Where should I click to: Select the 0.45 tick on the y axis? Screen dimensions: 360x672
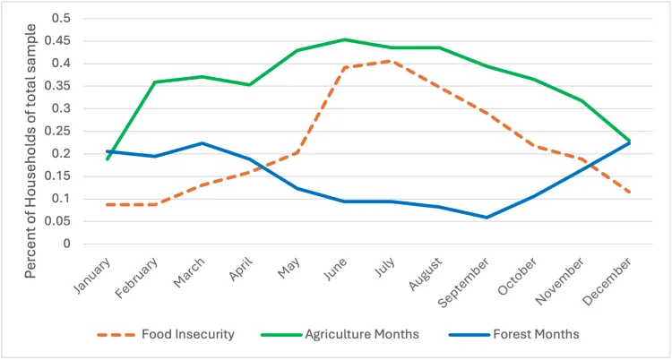click(60, 40)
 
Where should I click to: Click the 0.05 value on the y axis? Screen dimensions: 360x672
click(60, 221)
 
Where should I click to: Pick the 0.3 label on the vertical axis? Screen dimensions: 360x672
click(64, 108)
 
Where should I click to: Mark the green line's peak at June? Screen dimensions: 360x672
click(345, 39)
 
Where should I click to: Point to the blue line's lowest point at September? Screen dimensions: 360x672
click(487, 217)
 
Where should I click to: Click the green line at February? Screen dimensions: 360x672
click(155, 82)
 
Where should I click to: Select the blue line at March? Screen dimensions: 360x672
click(202, 143)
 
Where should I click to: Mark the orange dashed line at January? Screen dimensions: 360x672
click(108, 205)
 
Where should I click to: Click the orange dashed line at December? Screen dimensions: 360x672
click(630, 193)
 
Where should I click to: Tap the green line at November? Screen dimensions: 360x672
click(582, 100)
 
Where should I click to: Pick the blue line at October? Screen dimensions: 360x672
click(535, 196)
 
